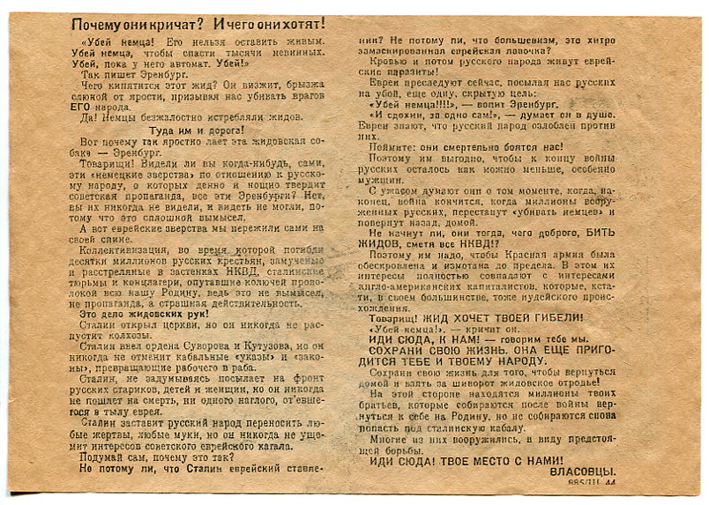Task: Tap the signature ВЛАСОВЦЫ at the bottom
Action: click(x=584, y=472)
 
